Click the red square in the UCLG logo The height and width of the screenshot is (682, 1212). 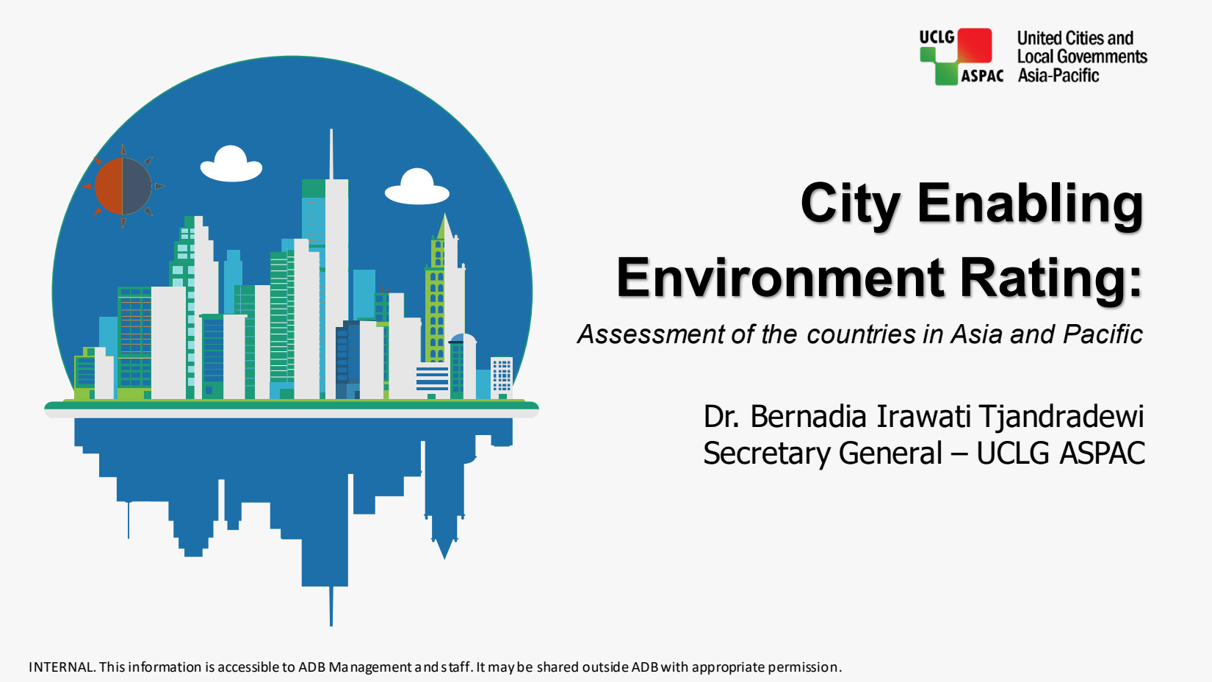[975, 46]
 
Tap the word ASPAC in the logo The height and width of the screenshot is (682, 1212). [982, 76]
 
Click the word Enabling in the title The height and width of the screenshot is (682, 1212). [1030, 204]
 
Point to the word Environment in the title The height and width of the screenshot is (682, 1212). [780, 279]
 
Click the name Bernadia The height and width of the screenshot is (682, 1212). [808, 416]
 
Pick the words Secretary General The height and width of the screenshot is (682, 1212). [823, 453]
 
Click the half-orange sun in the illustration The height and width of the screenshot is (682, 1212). [123, 186]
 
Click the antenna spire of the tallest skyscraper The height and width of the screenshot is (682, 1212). [331, 154]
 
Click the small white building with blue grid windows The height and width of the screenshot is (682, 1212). [502, 376]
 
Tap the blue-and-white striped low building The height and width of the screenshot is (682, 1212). [433, 377]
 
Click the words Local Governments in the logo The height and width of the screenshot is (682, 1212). [1082, 57]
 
